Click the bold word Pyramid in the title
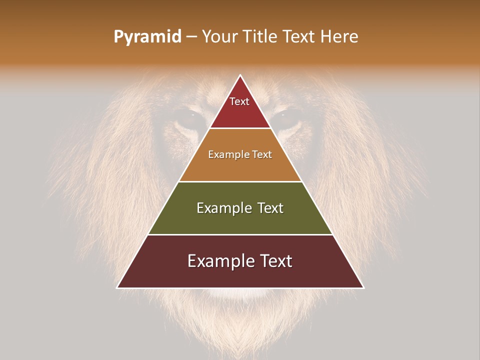tap(147, 37)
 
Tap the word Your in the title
tap(219, 37)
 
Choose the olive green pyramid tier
tap(240, 220)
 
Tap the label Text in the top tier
tap(239, 102)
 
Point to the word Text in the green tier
tap(270, 208)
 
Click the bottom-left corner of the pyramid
tap(117, 287)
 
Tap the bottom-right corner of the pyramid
tap(363, 287)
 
